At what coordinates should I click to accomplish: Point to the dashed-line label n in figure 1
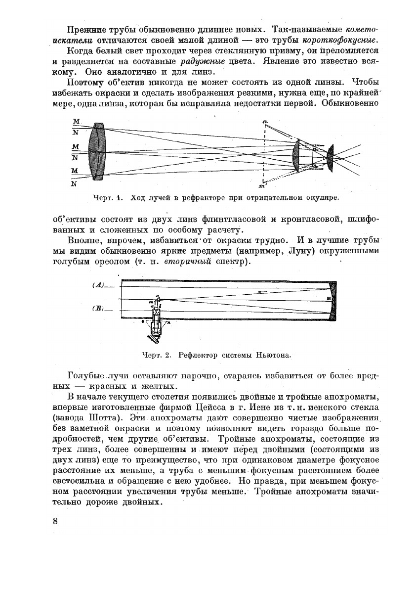coord(265,122)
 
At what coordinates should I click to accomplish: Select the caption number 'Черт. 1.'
coord(107,198)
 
